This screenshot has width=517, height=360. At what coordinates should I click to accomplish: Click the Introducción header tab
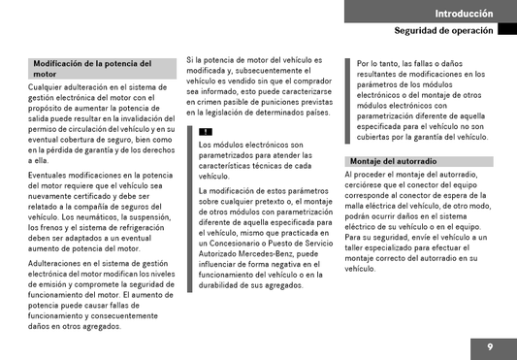coord(464,13)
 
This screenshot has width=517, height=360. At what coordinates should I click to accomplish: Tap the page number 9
coord(490,346)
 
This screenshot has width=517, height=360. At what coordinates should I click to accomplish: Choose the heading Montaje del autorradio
coord(392,161)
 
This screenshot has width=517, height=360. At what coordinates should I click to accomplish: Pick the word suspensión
coord(153,217)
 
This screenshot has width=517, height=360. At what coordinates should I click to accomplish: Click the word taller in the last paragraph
coord(358,246)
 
